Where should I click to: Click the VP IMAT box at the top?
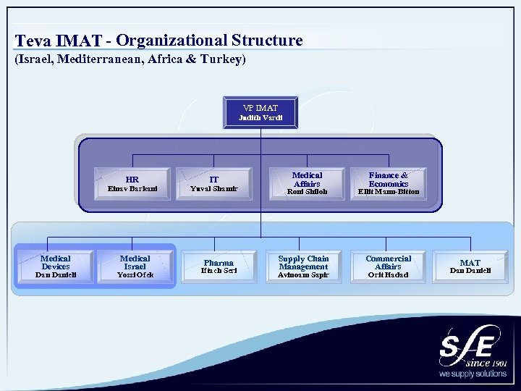[260, 112]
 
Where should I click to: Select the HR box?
[132, 184]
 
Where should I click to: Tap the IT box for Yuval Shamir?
[214, 184]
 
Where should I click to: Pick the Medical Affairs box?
[307, 183]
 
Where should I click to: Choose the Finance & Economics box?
[388, 183]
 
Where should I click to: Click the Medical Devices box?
[56, 266]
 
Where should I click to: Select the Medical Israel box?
[135, 266]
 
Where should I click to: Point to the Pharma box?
[219, 266]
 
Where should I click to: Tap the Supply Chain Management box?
[303, 266]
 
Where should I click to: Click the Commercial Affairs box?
[388, 266]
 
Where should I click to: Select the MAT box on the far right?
[470, 266]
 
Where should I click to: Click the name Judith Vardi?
[260, 118]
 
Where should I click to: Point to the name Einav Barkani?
[132, 190]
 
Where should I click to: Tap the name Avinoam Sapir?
[303, 275]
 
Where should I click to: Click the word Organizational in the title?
[171, 41]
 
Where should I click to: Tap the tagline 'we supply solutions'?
[473, 374]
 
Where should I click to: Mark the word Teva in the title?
[35, 41]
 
